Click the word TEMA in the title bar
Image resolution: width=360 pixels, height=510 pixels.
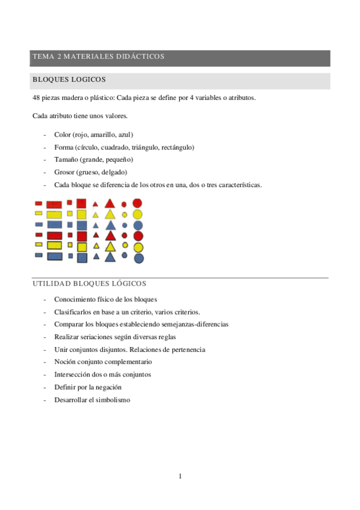point(43,57)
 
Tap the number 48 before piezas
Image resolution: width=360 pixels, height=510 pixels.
point(37,97)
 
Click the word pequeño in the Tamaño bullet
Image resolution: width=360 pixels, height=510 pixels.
point(118,159)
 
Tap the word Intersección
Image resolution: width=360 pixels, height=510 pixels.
point(73,375)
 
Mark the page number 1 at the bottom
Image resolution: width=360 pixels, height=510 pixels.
point(180,476)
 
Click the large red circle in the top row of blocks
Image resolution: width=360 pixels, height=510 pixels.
point(138,203)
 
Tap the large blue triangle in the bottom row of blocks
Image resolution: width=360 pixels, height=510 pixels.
point(110,257)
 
